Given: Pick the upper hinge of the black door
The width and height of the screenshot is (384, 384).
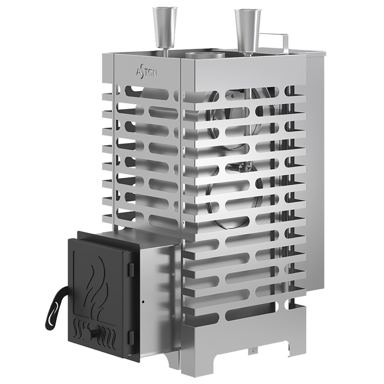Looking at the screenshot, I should click(x=130, y=262).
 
